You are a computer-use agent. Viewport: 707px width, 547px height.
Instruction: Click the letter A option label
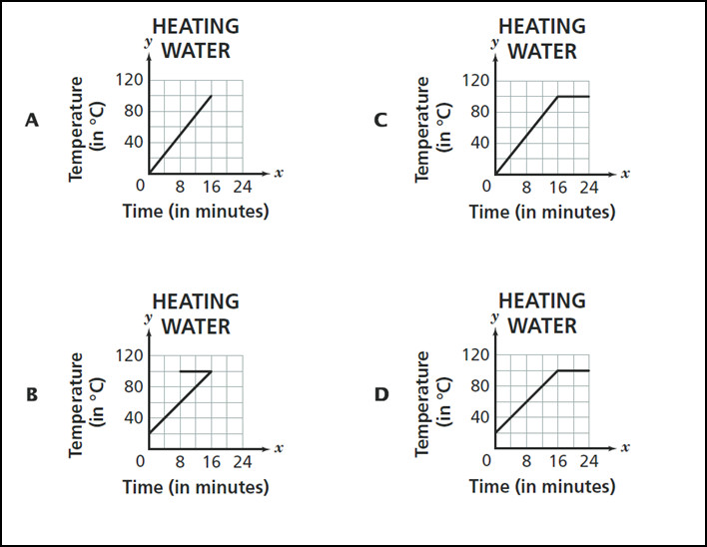click(x=32, y=120)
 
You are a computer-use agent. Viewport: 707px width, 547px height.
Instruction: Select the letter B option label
click(x=32, y=395)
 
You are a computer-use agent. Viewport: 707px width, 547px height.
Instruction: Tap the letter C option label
click(x=379, y=120)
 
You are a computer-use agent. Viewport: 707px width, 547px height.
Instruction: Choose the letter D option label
click(x=380, y=395)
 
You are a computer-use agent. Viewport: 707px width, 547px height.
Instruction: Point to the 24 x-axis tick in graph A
click(x=243, y=186)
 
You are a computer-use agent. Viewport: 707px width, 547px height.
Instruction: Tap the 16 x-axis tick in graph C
click(x=558, y=186)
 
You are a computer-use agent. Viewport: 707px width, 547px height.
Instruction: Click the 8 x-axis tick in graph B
click(x=180, y=461)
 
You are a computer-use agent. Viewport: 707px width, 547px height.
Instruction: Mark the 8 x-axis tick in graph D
click(x=526, y=461)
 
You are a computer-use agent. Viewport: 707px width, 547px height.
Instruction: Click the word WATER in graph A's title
click(x=196, y=50)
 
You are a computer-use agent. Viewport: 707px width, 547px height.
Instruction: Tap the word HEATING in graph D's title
click(x=542, y=300)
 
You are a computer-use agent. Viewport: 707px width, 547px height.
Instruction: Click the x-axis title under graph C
click(x=542, y=212)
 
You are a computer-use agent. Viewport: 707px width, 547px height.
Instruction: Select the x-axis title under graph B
click(x=196, y=487)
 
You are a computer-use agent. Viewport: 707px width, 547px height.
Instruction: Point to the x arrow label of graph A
click(x=279, y=173)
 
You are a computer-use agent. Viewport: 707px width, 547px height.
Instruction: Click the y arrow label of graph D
click(x=494, y=316)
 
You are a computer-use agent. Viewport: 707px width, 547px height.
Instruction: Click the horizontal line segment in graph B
click(x=196, y=371)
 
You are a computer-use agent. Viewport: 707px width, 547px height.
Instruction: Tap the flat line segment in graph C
click(x=574, y=96)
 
